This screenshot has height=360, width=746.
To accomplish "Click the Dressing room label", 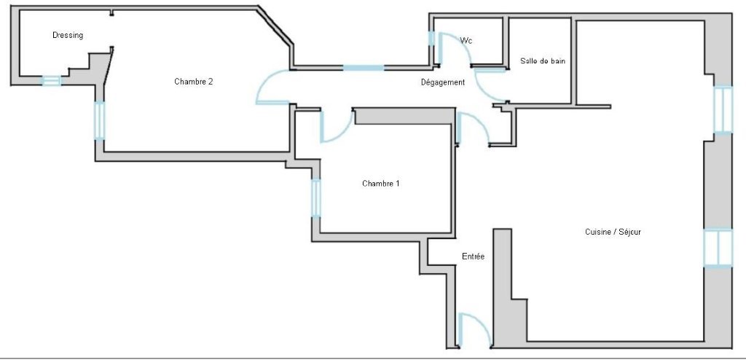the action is [68, 35].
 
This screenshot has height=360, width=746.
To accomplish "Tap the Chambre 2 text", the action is [193, 82].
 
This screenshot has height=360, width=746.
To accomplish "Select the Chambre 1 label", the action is [380, 184].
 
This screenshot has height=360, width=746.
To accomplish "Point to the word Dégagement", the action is [442, 82].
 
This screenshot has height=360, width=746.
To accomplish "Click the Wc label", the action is [466, 41].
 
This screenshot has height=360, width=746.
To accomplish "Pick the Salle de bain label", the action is [542, 61].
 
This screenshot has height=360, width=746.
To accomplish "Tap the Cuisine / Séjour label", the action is [613, 232].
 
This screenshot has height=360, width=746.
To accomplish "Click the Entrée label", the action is [473, 257].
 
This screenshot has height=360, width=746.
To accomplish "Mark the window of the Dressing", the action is [51, 81].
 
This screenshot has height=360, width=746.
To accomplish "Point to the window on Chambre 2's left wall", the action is [99, 120].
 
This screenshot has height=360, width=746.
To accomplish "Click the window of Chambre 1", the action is [316, 197].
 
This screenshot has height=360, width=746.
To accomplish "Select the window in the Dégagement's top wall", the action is [364, 68].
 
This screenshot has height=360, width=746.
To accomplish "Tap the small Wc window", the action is [431, 39].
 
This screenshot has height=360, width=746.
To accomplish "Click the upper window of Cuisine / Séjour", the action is [723, 109].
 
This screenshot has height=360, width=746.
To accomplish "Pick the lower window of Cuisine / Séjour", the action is [718, 248].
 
